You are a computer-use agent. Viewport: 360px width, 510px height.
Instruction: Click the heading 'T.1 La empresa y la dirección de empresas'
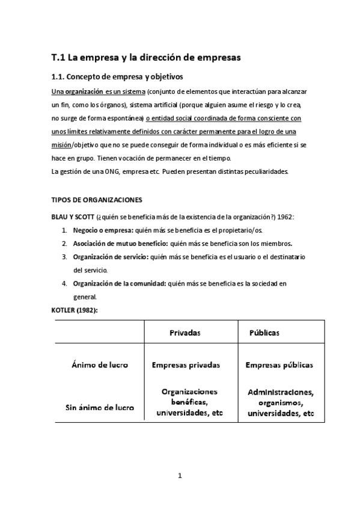145,58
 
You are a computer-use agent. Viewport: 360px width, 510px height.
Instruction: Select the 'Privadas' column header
185,333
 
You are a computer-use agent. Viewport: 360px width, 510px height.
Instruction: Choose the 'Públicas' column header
264,333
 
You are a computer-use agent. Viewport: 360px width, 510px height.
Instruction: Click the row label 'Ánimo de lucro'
99,364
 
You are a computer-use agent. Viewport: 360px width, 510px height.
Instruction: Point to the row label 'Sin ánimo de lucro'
99,407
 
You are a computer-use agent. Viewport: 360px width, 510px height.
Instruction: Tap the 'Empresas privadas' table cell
186,364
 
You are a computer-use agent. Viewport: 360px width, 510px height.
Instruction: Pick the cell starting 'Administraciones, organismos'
281,402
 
